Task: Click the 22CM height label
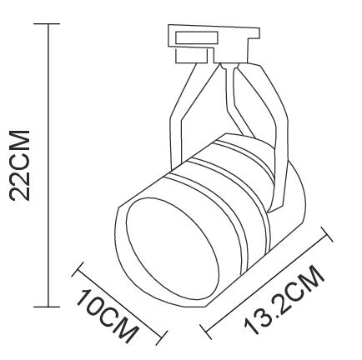point(20,165)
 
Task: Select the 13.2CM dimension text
point(284,300)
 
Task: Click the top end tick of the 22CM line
point(47,24)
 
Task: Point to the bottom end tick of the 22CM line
point(47,307)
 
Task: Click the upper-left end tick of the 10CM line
point(78,269)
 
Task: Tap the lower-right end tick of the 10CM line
point(161,338)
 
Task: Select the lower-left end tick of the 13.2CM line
point(206,332)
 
